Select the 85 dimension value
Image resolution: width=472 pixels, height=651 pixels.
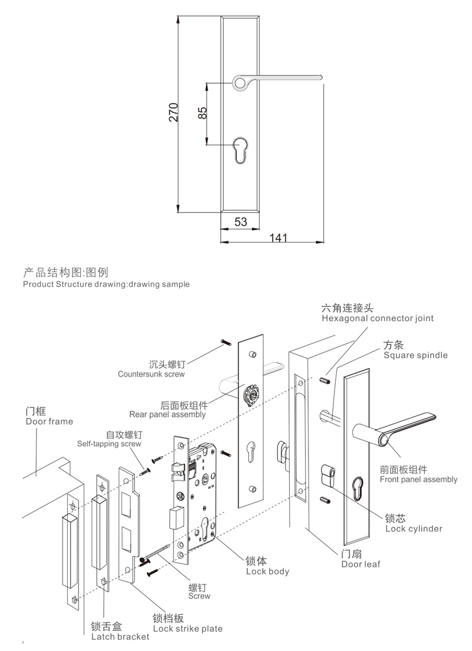[x=202, y=113]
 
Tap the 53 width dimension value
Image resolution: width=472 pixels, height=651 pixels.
[x=241, y=222]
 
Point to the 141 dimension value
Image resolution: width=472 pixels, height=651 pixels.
[x=278, y=238]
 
